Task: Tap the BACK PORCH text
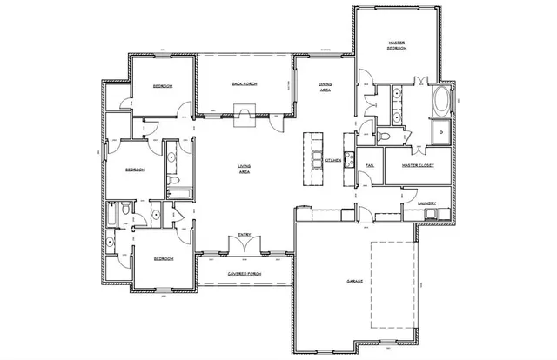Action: [244, 84]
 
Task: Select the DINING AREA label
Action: [324, 87]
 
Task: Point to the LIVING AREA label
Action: [245, 169]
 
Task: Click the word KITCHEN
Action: [332, 162]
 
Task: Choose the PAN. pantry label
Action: [370, 164]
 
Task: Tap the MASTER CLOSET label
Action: [417, 165]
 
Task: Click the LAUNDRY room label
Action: [426, 204]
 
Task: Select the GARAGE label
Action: [354, 282]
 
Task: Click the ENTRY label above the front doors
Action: [245, 234]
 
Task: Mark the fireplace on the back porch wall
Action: [245, 113]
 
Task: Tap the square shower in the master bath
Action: [440, 133]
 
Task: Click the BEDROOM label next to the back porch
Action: [163, 86]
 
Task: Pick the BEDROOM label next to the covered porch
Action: [163, 259]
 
